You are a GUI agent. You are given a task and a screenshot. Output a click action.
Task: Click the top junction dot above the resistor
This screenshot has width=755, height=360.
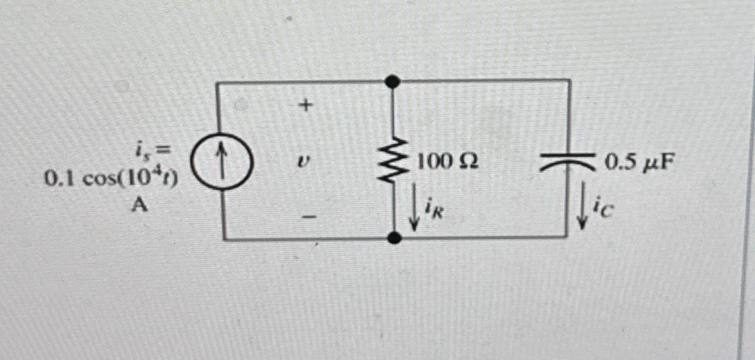[x=393, y=81]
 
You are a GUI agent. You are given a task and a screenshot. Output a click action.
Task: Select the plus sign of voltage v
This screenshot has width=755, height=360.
[x=306, y=106]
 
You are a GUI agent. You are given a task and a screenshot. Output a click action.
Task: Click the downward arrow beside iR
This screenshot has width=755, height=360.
[x=414, y=214]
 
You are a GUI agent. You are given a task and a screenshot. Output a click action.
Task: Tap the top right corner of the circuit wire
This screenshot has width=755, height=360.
[x=569, y=81]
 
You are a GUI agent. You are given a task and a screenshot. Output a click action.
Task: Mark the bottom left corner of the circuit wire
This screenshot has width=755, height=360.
[x=223, y=238]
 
